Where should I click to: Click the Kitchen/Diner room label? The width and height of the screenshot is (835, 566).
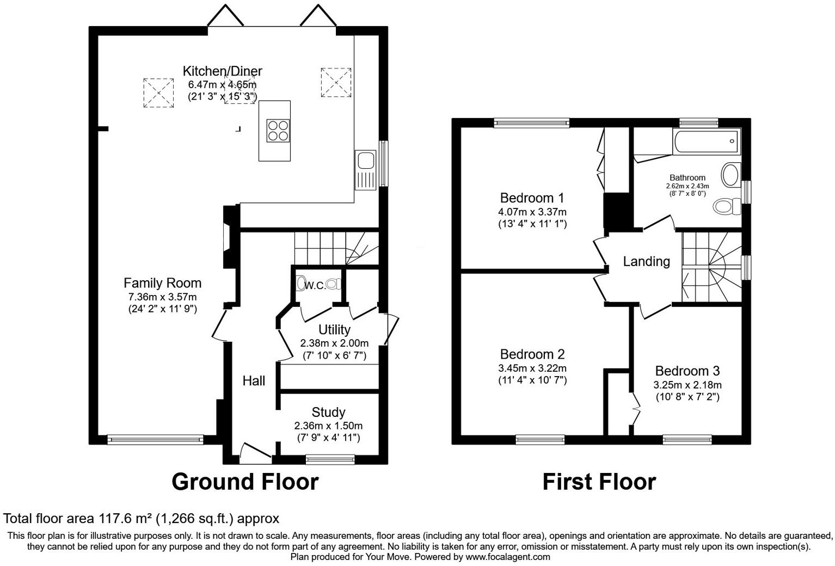pos(222,71)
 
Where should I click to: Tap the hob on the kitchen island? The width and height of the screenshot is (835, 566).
pos(278,131)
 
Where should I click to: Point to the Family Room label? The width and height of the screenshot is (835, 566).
pos(162,283)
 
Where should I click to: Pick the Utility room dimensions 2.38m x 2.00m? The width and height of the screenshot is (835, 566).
pos(334,343)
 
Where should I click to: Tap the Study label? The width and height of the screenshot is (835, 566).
pos(328,412)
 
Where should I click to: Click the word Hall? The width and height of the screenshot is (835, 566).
pos(254,381)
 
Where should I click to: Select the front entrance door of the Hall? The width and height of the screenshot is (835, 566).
pos(255,453)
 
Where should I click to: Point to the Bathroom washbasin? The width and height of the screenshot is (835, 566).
pos(729,175)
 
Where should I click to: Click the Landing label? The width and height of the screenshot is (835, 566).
pos(646,262)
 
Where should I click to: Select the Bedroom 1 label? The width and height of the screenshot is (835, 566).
pos(532,198)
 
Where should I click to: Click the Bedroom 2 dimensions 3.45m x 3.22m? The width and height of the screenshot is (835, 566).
pos(532,368)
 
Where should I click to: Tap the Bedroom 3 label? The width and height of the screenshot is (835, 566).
pos(687,371)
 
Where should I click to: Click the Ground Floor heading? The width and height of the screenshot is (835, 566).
pos(244,482)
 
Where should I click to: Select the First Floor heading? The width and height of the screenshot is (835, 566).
pos(599,482)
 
